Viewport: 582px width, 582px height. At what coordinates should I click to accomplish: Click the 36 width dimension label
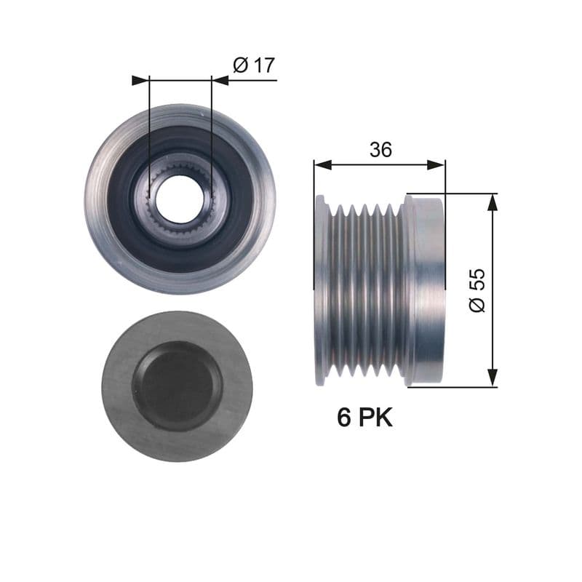click(x=380, y=150)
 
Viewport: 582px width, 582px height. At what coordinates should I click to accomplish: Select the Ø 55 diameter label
click(x=477, y=290)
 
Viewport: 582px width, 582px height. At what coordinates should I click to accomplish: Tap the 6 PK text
click(x=364, y=418)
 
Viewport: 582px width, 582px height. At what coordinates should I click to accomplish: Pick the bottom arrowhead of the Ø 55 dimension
click(x=493, y=378)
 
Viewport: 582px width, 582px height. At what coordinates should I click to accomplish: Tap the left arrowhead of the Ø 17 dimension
click(x=140, y=80)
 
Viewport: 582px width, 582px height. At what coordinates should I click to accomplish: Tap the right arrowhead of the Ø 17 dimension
click(x=220, y=80)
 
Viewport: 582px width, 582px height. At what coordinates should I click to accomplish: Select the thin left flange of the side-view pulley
click(x=320, y=290)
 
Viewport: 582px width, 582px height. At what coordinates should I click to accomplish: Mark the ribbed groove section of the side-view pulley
click(x=364, y=290)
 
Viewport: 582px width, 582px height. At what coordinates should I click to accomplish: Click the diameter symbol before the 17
click(x=241, y=65)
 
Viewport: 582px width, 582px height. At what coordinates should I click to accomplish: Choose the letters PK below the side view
click(x=375, y=418)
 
